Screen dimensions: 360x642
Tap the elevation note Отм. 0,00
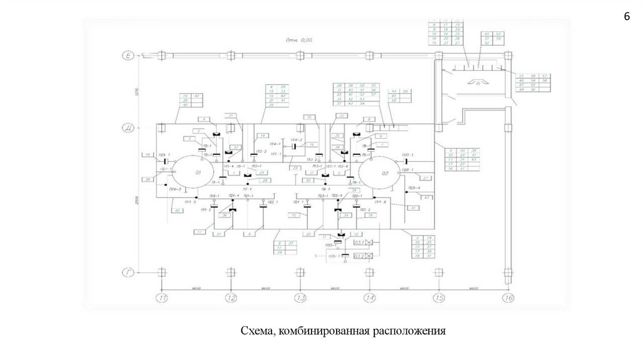299,40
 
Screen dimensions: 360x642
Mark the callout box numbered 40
178,210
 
